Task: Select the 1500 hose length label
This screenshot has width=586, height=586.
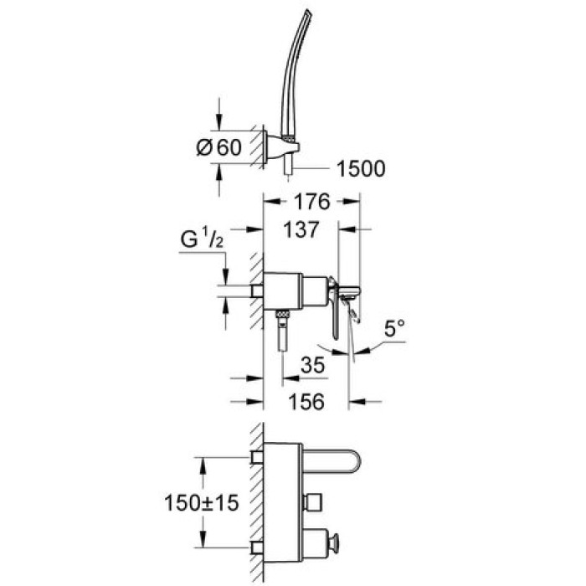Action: tap(361, 169)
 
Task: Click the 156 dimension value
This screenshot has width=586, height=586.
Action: tap(306, 402)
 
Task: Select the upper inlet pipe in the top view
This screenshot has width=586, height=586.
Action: tap(256, 457)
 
